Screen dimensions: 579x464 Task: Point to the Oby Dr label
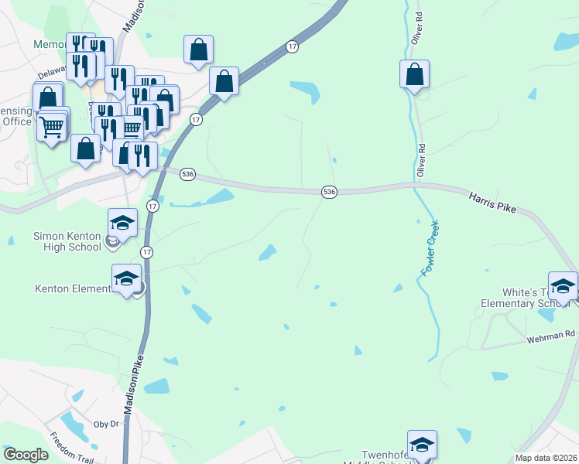pos(106,424)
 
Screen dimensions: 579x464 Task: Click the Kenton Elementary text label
pos(74,289)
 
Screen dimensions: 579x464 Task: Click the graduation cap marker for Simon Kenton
pos(122,223)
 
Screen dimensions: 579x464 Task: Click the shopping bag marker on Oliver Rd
pos(415,75)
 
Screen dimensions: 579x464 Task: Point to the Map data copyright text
pos(546,458)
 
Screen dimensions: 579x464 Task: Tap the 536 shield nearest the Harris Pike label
pos(329,191)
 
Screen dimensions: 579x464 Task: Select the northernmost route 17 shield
pos(291,46)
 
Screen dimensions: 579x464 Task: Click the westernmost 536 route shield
pos(187,175)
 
